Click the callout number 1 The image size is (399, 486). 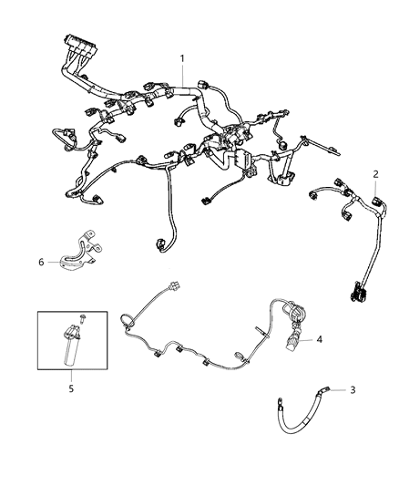182,59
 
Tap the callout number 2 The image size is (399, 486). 376,172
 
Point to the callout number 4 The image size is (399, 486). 319,340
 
